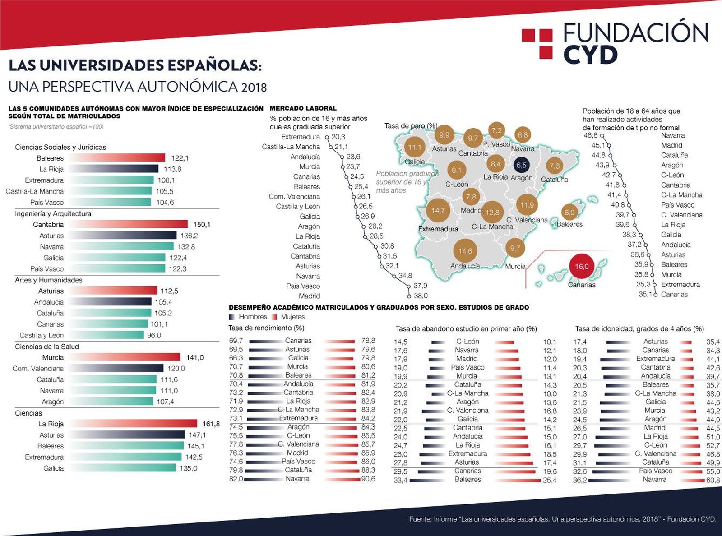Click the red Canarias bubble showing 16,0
[582, 267]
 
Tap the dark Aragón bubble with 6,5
[521, 165]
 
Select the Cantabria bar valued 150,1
[129, 224]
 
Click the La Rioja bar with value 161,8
[134, 424]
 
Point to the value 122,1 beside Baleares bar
[180, 158]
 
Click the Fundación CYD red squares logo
[537, 43]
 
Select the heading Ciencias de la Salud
[47, 347]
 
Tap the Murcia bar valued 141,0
[125, 357]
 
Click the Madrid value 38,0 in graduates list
[421, 296]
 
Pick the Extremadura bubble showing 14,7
[438, 211]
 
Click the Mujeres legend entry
[292, 317]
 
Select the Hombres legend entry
[252, 317]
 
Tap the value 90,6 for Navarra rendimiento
[368, 479]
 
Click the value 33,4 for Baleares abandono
[400, 480]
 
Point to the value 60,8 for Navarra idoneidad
[713, 480]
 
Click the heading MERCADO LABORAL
[303, 108]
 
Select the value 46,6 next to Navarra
[590, 135]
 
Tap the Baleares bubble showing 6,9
[569, 212]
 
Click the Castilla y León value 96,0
[154, 335]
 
